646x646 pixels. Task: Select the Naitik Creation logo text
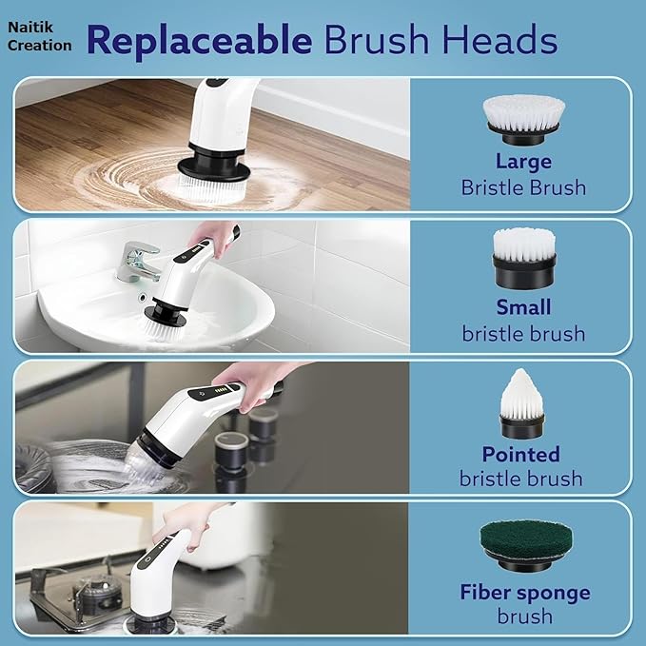[x=39, y=37]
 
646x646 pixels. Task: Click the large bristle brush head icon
[x=523, y=117]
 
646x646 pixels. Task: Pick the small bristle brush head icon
[x=524, y=260]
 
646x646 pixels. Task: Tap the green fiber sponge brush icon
[x=523, y=544]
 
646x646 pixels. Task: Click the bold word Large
[x=523, y=161]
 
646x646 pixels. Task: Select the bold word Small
[x=523, y=307]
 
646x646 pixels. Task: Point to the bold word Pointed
[x=520, y=454]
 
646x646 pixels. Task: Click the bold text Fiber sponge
[x=524, y=593]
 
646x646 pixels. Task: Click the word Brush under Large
[x=557, y=186]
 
